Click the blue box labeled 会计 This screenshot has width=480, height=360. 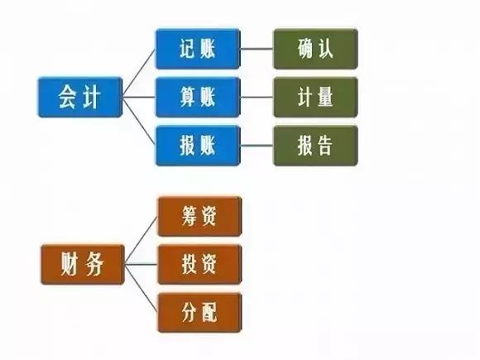tap(80, 98)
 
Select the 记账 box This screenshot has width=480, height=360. tap(198, 49)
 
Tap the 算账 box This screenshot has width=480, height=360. tap(198, 98)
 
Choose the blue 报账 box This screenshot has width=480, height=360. tap(198, 146)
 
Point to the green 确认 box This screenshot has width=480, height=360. tap(315, 49)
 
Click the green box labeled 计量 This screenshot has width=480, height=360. tap(315, 98)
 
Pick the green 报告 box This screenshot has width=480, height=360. tap(315, 146)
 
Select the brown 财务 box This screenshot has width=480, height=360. tap(83, 265)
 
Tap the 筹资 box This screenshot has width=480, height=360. tap(199, 217)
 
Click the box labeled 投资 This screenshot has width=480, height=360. tap(199, 265)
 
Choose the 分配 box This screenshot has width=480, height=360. tap(199, 313)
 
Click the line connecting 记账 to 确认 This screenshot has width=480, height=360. tap(257, 49)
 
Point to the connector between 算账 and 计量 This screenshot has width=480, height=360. tap(257, 98)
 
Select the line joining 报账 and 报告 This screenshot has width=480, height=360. tap(257, 146)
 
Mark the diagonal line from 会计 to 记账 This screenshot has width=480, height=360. tap(139, 73)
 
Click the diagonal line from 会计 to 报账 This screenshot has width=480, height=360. tap(139, 121)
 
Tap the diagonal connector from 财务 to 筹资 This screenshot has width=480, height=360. tap(142, 240)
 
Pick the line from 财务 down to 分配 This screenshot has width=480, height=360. tap(142, 289)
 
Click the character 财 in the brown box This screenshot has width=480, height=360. tap(69, 264)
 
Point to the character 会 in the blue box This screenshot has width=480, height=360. tap(66, 97)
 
